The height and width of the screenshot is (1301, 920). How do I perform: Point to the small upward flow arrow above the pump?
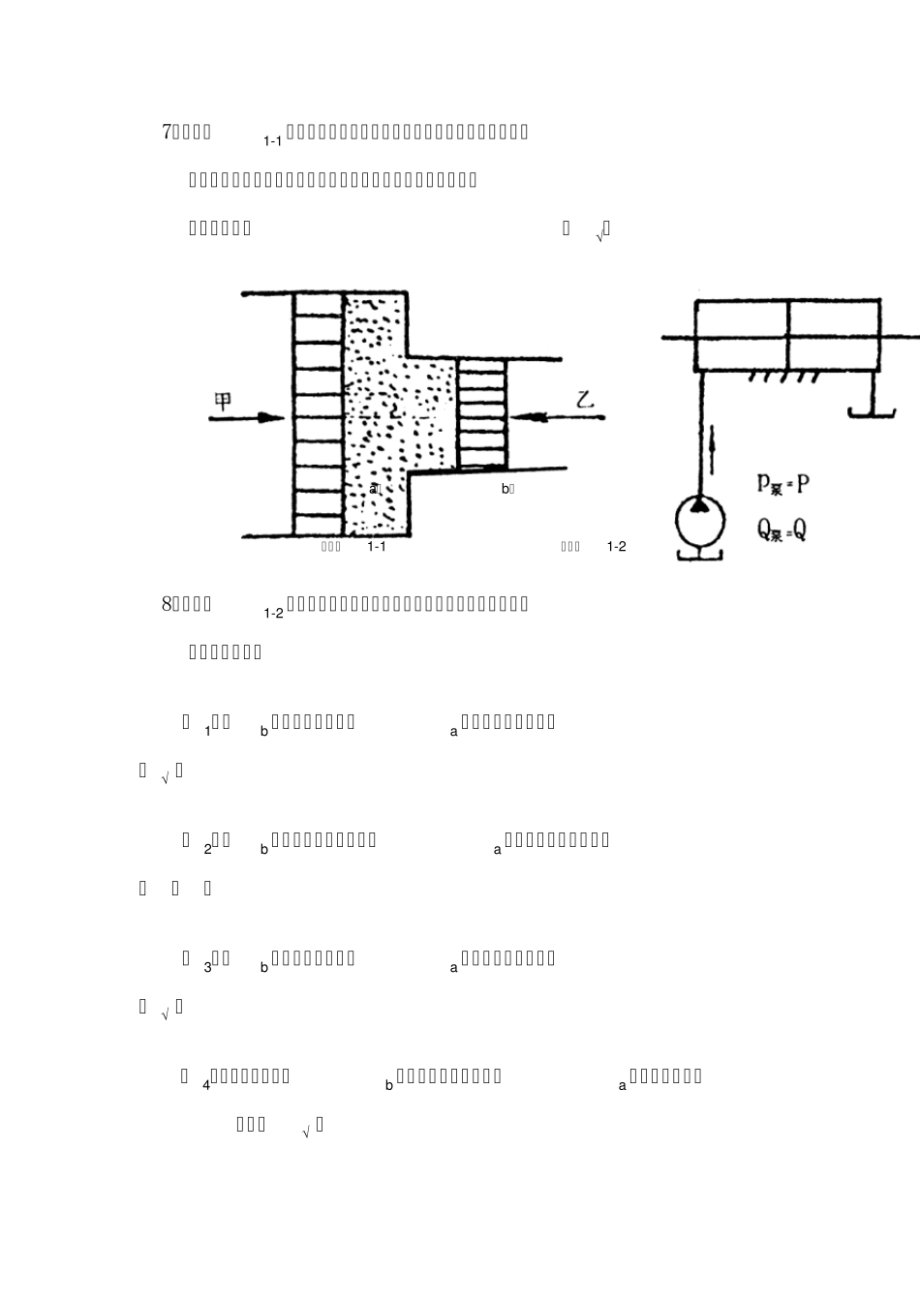[x=714, y=448]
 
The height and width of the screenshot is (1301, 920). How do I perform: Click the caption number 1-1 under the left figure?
[x=377, y=547]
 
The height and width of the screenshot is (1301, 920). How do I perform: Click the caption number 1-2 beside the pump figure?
[x=617, y=547]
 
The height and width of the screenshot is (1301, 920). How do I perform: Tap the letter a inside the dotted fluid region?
[x=373, y=489]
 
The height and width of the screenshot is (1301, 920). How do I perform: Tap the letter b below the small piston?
[x=505, y=489]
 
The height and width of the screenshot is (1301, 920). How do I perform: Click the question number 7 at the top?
[x=166, y=131]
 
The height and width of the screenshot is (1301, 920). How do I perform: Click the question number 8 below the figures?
[x=166, y=604]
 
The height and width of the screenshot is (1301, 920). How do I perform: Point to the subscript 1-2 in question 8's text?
[x=272, y=613]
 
